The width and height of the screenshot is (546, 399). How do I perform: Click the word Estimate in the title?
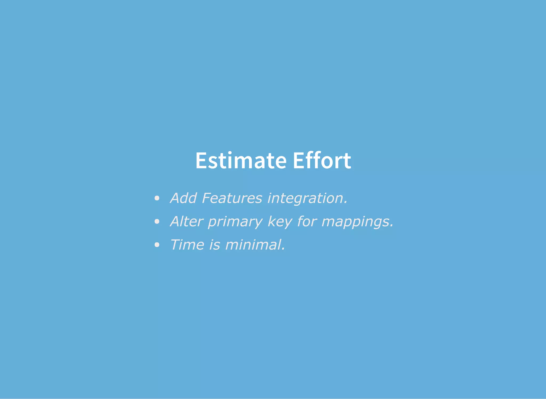click(x=241, y=161)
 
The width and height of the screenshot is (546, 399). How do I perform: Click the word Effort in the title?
click(x=322, y=161)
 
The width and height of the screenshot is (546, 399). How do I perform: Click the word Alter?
click(x=187, y=221)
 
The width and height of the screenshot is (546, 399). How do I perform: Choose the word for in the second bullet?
click(x=307, y=221)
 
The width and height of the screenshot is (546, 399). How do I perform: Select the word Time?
click(x=187, y=245)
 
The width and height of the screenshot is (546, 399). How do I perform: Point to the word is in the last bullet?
click(x=215, y=245)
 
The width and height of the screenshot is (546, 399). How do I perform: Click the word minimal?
click(x=253, y=245)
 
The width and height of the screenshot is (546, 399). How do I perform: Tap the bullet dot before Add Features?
click(x=157, y=198)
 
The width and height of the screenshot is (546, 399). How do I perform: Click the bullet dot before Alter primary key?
click(x=157, y=221)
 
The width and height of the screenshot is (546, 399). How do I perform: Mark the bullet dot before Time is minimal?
click(x=157, y=245)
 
